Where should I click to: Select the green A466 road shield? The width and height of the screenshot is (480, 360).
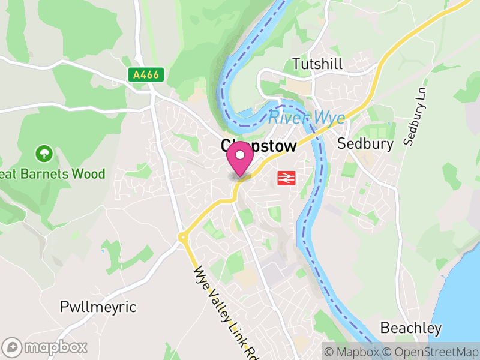146,75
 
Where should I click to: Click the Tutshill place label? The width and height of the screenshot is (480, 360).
317,63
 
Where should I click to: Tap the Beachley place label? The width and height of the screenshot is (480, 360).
411,328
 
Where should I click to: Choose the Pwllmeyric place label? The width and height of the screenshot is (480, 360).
98,307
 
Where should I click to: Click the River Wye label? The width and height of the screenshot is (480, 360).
307,118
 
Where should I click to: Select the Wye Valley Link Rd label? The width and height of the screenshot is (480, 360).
220,312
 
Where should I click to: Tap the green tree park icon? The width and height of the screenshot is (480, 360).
44,154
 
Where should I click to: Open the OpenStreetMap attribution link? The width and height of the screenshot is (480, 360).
431,352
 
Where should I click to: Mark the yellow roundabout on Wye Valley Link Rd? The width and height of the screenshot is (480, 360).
182,238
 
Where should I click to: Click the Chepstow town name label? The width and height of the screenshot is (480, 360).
259,146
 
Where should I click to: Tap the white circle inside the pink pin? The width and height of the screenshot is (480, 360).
241,156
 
